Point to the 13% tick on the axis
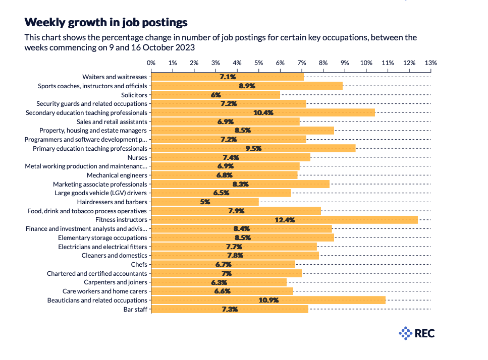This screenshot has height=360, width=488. (x=430, y=63)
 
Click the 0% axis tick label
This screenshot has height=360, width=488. (x=151, y=63)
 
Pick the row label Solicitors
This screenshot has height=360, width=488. (x=134, y=95)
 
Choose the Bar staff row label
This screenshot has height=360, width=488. (x=135, y=309)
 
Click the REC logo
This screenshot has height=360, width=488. (x=417, y=333)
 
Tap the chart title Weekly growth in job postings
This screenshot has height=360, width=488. (x=106, y=22)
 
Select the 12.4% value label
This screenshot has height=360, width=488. (x=285, y=220)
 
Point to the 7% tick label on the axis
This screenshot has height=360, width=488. (x=301, y=63)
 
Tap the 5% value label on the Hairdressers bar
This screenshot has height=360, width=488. (x=205, y=202)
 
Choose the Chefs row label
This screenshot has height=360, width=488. (x=139, y=264)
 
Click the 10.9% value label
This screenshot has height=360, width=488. (x=268, y=300)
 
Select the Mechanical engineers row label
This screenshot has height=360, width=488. (x=117, y=175)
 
